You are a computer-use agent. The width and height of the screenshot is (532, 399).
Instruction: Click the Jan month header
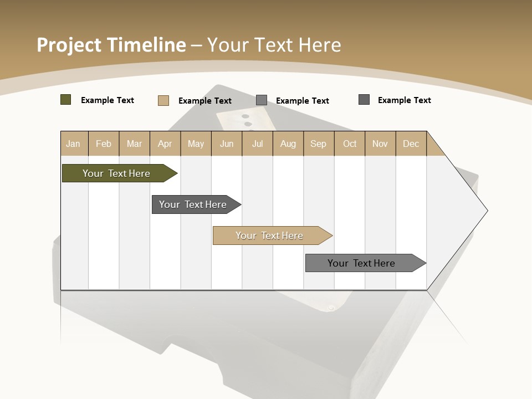[74, 144]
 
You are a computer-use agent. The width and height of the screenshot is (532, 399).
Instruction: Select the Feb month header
[104, 144]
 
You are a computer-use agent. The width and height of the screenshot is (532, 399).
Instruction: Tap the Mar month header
[134, 144]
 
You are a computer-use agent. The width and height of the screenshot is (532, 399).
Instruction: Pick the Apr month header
[165, 144]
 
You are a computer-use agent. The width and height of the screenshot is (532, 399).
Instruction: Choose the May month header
[196, 144]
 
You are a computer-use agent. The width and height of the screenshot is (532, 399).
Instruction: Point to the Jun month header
[227, 144]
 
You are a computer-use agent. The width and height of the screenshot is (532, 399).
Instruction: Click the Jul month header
[257, 144]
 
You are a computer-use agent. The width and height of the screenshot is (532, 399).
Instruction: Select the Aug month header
[288, 144]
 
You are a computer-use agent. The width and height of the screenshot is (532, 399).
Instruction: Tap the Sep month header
[319, 144]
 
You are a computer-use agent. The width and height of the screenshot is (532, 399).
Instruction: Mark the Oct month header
[350, 144]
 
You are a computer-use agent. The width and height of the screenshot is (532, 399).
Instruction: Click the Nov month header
[380, 144]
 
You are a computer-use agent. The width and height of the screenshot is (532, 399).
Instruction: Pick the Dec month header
[411, 144]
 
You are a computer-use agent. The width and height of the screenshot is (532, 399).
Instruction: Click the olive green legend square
[66, 100]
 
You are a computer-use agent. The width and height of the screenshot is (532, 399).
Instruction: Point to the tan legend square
[163, 100]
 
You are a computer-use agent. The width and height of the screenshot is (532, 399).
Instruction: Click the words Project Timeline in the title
[111, 45]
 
